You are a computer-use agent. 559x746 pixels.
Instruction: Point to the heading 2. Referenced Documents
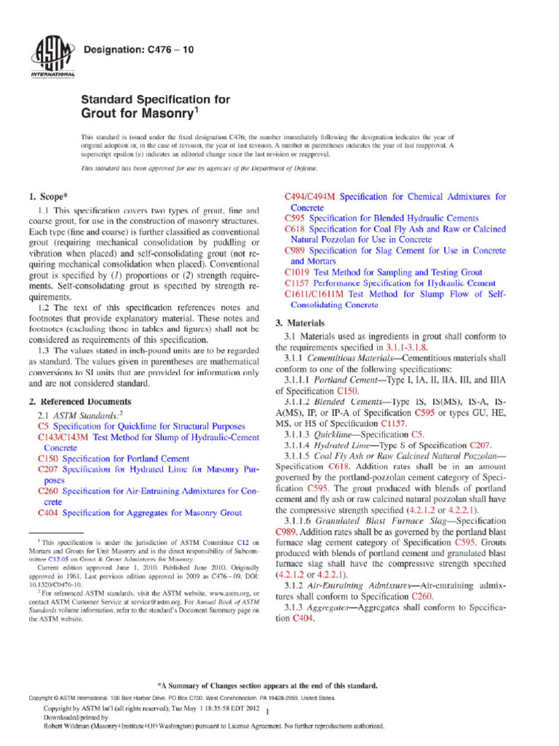click(x=79, y=401)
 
